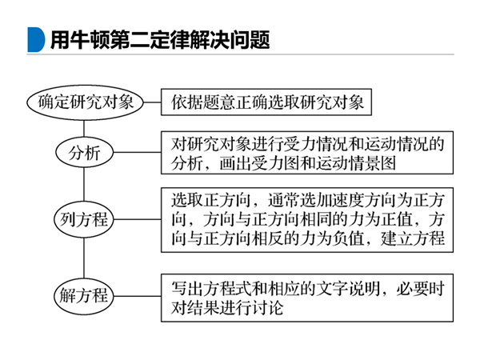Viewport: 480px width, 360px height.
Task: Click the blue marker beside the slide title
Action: click(x=35, y=40)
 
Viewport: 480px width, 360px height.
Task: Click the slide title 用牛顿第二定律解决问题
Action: click(x=160, y=40)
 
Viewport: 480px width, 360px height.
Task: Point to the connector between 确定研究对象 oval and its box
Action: click(x=153, y=102)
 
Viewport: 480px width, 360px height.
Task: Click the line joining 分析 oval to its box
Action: click(x=137, y=153)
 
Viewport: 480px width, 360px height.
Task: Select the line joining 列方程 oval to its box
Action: click(x=138, y=219)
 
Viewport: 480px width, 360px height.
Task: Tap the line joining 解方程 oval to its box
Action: click(x=138, y=296)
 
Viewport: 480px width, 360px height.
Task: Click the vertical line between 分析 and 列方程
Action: click(x=84, y=185)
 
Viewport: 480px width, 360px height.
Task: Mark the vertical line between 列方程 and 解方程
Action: click(x=84, y=258)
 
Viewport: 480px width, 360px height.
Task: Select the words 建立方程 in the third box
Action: click(x=413, y=238)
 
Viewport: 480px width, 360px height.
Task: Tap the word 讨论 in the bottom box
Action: click(x=267, y=307)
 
